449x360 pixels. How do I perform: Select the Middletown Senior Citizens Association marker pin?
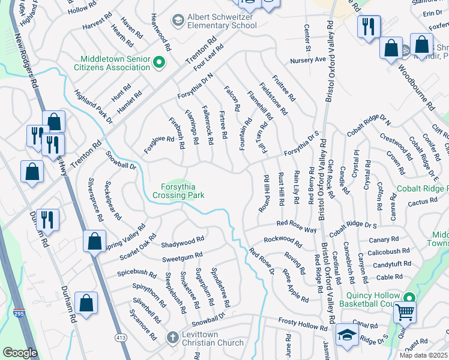coord(159,62)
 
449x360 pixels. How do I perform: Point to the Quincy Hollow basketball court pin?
coord(409,298)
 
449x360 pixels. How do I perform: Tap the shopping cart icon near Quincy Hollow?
coord(405,312)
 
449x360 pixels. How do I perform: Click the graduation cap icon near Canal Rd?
coord(347,335)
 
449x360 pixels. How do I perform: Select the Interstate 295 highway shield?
coord(19,313)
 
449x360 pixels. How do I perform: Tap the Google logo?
coord(20,352)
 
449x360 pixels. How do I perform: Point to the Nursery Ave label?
coord(307,60)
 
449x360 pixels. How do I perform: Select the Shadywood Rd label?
coord(183,244)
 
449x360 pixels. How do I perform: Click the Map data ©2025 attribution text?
coord(423,355)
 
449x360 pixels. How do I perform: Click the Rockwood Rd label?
coord(282,241)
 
